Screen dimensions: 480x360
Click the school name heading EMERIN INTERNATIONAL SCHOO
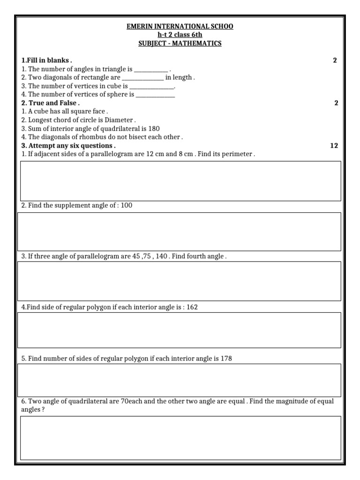click(180, 26)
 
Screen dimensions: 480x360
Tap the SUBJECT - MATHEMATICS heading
click(180, 43)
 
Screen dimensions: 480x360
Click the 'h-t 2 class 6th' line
click(180, 35)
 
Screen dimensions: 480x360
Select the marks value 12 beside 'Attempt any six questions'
click(334, 146)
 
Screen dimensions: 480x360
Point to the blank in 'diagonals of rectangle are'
click(142, 78)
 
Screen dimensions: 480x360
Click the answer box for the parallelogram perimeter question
click(180, 181)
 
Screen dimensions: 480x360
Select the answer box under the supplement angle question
click(179, 232)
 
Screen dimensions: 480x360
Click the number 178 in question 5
click(226, 359)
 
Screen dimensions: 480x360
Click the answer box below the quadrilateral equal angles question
click(180, 438)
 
